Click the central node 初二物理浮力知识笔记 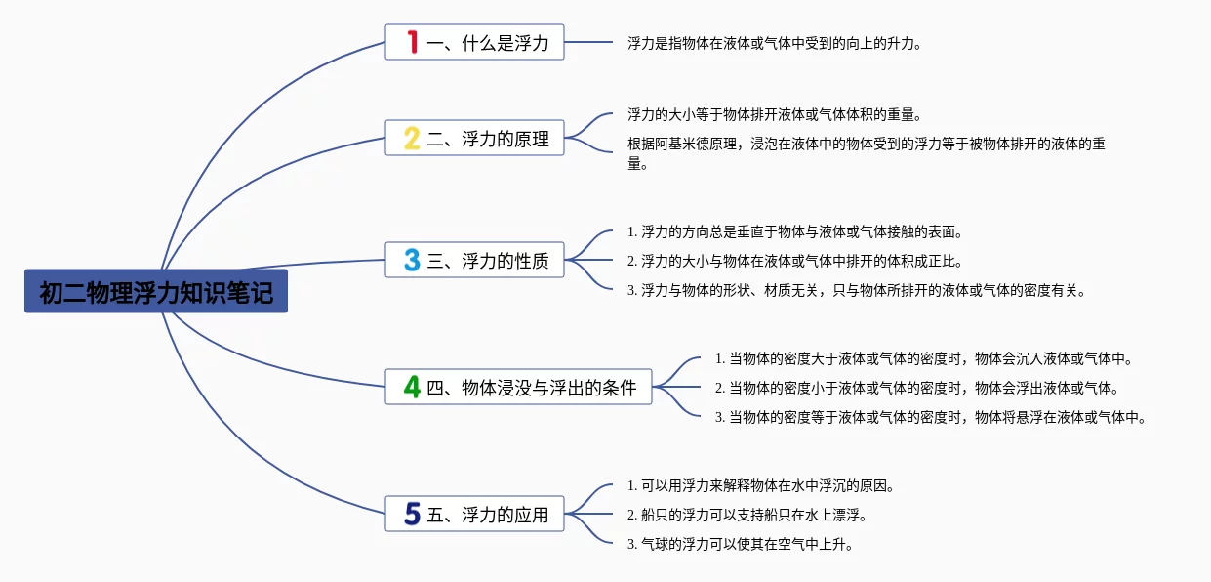156,292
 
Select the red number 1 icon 412,42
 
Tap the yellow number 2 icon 412,139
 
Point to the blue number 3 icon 412,260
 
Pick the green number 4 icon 412,388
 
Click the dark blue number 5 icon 412,513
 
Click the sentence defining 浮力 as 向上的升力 774,43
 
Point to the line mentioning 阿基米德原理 866,145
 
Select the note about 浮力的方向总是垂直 795,232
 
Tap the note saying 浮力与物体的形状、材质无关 856,290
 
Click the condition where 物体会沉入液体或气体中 923,358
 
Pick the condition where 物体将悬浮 929,417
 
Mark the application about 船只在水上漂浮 747,514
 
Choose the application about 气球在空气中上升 741,544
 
